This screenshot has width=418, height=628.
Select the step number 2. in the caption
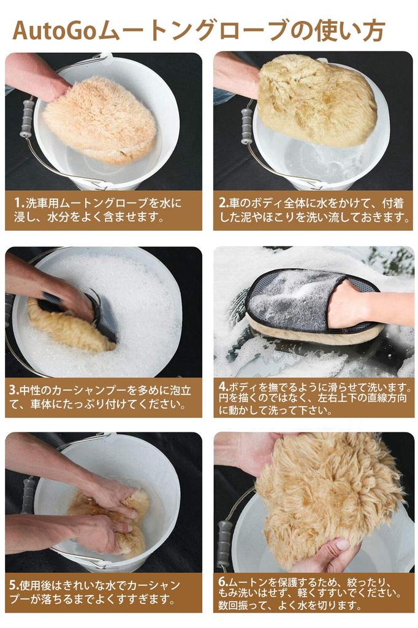tap(224, 202)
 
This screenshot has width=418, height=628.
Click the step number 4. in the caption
tap(224, 386)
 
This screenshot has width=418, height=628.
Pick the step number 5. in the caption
tap(15, 585)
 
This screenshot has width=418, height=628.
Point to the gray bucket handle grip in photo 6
tap(224, 545)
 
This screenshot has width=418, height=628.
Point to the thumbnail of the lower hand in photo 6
tap(343, 545)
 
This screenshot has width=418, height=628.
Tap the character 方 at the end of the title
tap(373, 31)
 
